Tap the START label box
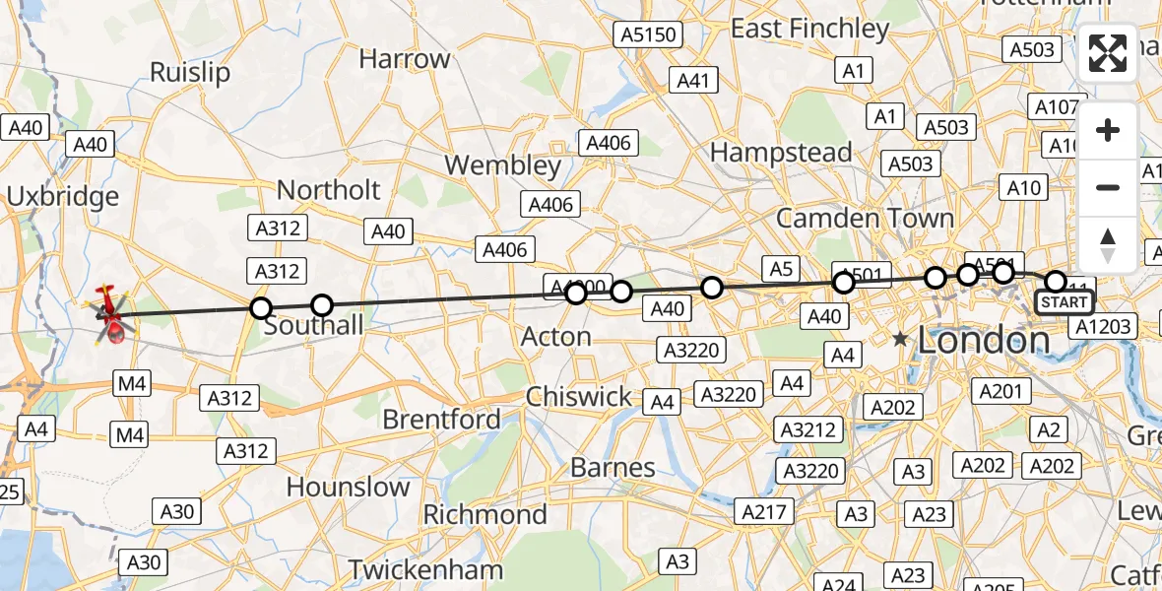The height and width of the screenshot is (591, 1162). coord(1064,302)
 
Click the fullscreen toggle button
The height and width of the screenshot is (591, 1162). coord(1108,55)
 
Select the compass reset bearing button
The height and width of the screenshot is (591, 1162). coord(1108,243)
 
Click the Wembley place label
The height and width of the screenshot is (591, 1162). coord(502,164)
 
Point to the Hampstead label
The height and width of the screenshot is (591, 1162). coord(780,153)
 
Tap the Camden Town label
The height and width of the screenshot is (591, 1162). coord(865,218)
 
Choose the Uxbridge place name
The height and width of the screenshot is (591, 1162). coord(62,196)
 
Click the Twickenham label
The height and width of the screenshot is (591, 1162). coord(425,569)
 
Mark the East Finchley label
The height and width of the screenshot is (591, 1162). coord(809,29)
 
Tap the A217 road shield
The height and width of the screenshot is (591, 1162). coord(763,511)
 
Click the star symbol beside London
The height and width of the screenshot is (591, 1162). coord(900,340)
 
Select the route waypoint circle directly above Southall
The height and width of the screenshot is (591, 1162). coord(322,305)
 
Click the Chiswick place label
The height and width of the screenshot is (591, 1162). coord(578,396)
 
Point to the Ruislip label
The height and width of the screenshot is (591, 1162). coord(190,72)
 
